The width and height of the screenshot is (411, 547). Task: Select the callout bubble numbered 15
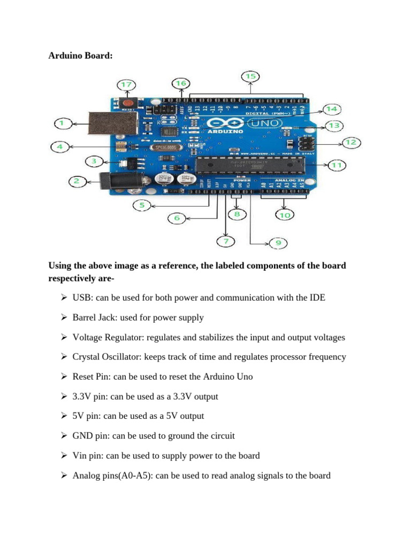click(250, 76)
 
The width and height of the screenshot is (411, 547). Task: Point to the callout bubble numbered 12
click(350, 143)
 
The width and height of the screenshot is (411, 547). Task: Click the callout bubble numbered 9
click(277, 243)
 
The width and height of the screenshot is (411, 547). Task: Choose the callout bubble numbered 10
click(284, 215)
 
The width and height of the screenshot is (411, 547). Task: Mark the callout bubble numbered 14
click(332, 109)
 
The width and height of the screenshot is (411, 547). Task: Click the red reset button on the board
click(128, 103)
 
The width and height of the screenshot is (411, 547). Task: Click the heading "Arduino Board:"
click(80, 56)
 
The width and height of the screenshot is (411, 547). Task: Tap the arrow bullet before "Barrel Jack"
click(63, 317)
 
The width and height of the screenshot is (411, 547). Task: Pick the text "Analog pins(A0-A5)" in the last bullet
click(111, 475)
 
